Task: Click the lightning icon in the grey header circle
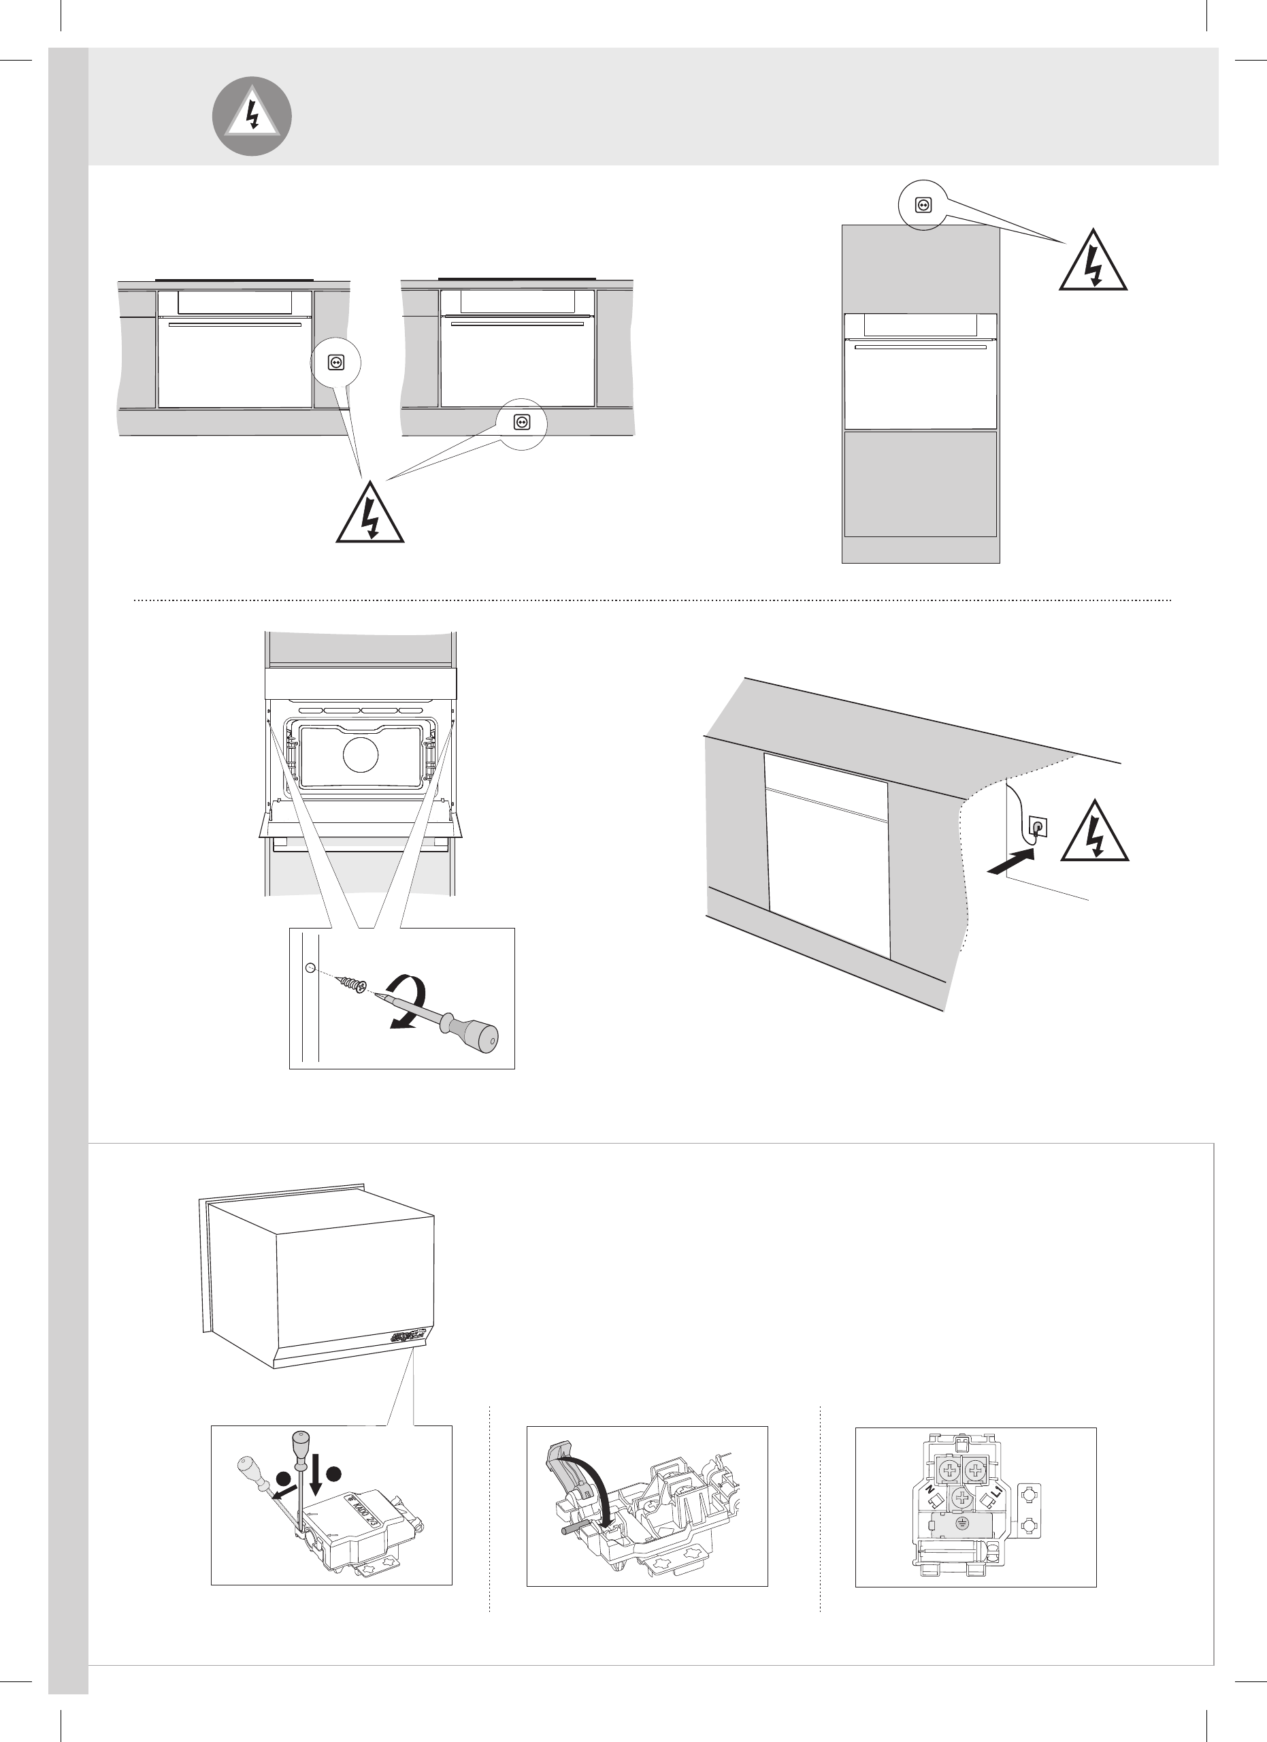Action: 252,116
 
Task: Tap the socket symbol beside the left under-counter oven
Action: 335,363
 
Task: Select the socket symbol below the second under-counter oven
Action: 521,421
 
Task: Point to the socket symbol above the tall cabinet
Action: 924,205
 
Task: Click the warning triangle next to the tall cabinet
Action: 1093,263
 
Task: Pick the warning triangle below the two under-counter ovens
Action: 370,515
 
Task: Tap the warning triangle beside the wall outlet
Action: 1094,833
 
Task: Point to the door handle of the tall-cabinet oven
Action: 921,347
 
